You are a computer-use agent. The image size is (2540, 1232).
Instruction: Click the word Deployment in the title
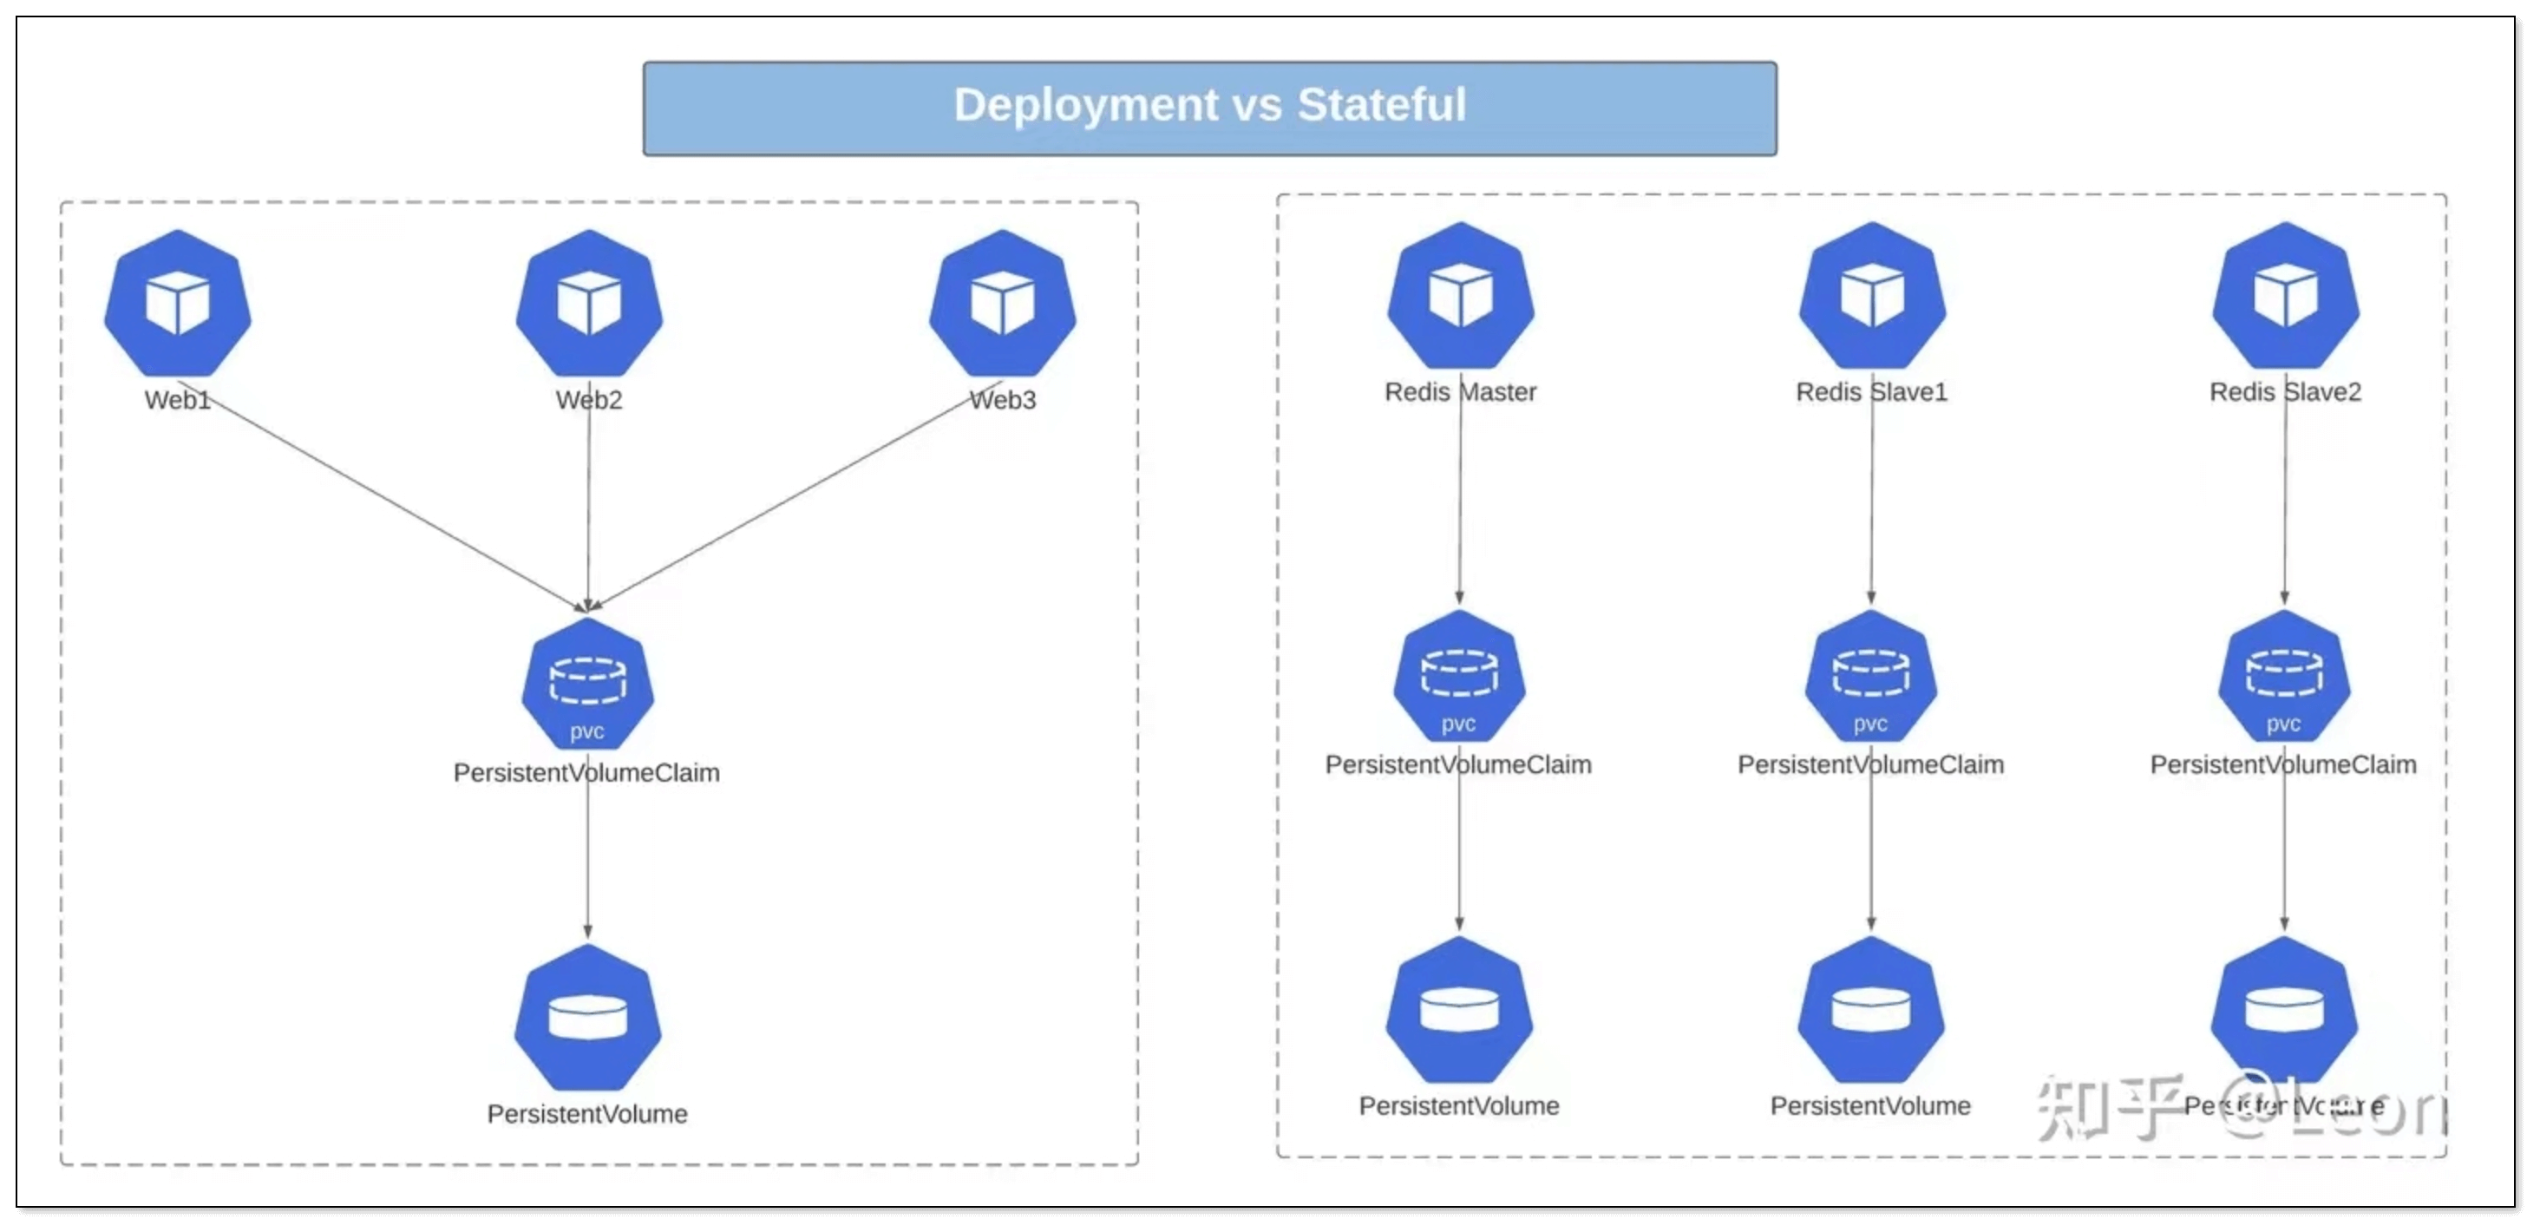1085,106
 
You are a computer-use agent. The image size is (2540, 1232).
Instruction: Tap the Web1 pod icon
178,303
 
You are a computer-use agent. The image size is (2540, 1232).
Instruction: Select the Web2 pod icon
589,303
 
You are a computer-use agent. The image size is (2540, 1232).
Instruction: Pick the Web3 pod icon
1002,303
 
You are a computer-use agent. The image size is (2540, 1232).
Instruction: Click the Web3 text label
1003,399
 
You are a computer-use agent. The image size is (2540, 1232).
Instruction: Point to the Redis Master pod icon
1460,295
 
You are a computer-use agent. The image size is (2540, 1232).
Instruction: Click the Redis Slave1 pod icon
1871,295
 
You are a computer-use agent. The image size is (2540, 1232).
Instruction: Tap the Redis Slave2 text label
2285,391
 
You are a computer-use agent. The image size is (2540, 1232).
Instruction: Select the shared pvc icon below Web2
587,685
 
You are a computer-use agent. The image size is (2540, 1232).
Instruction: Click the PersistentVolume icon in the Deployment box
587,1017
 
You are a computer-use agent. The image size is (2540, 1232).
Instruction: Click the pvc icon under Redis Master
1459,677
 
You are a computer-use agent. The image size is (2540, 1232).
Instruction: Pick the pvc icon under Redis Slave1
1870,677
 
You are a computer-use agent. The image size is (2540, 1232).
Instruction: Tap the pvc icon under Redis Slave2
2283,677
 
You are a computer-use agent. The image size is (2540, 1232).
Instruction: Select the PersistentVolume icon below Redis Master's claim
1459,1009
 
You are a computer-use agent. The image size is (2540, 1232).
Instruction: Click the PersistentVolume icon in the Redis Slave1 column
1870,1009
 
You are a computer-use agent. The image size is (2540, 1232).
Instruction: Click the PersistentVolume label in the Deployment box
587,1114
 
